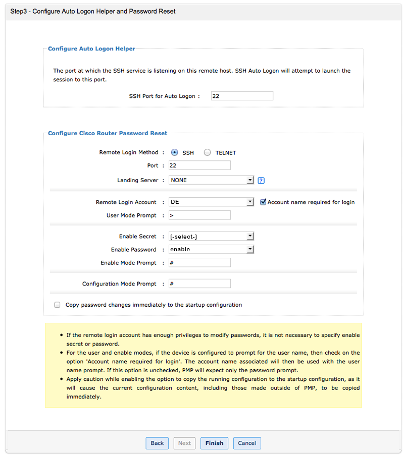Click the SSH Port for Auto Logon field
pos(242,96)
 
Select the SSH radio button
pos(175,152)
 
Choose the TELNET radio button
pos(207,152)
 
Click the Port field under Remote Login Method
pos(199,165)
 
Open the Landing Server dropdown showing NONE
pos(211,180)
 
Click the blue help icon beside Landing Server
pos(261,181)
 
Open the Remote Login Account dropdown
pos(211,202)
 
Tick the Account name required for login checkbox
pos(263,202)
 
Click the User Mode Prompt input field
pos(199,215)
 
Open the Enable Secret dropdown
pos(211,237)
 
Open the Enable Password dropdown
pos(211,250)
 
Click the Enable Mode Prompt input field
pos(199,263)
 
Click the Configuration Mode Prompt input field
pos(199,284)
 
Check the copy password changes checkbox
pos(57,305)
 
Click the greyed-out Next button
pos(184,443)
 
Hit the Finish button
pos(214,443)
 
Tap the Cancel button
pos(247,443)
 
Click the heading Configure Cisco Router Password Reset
pos(108,134)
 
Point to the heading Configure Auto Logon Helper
pos(91,49)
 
